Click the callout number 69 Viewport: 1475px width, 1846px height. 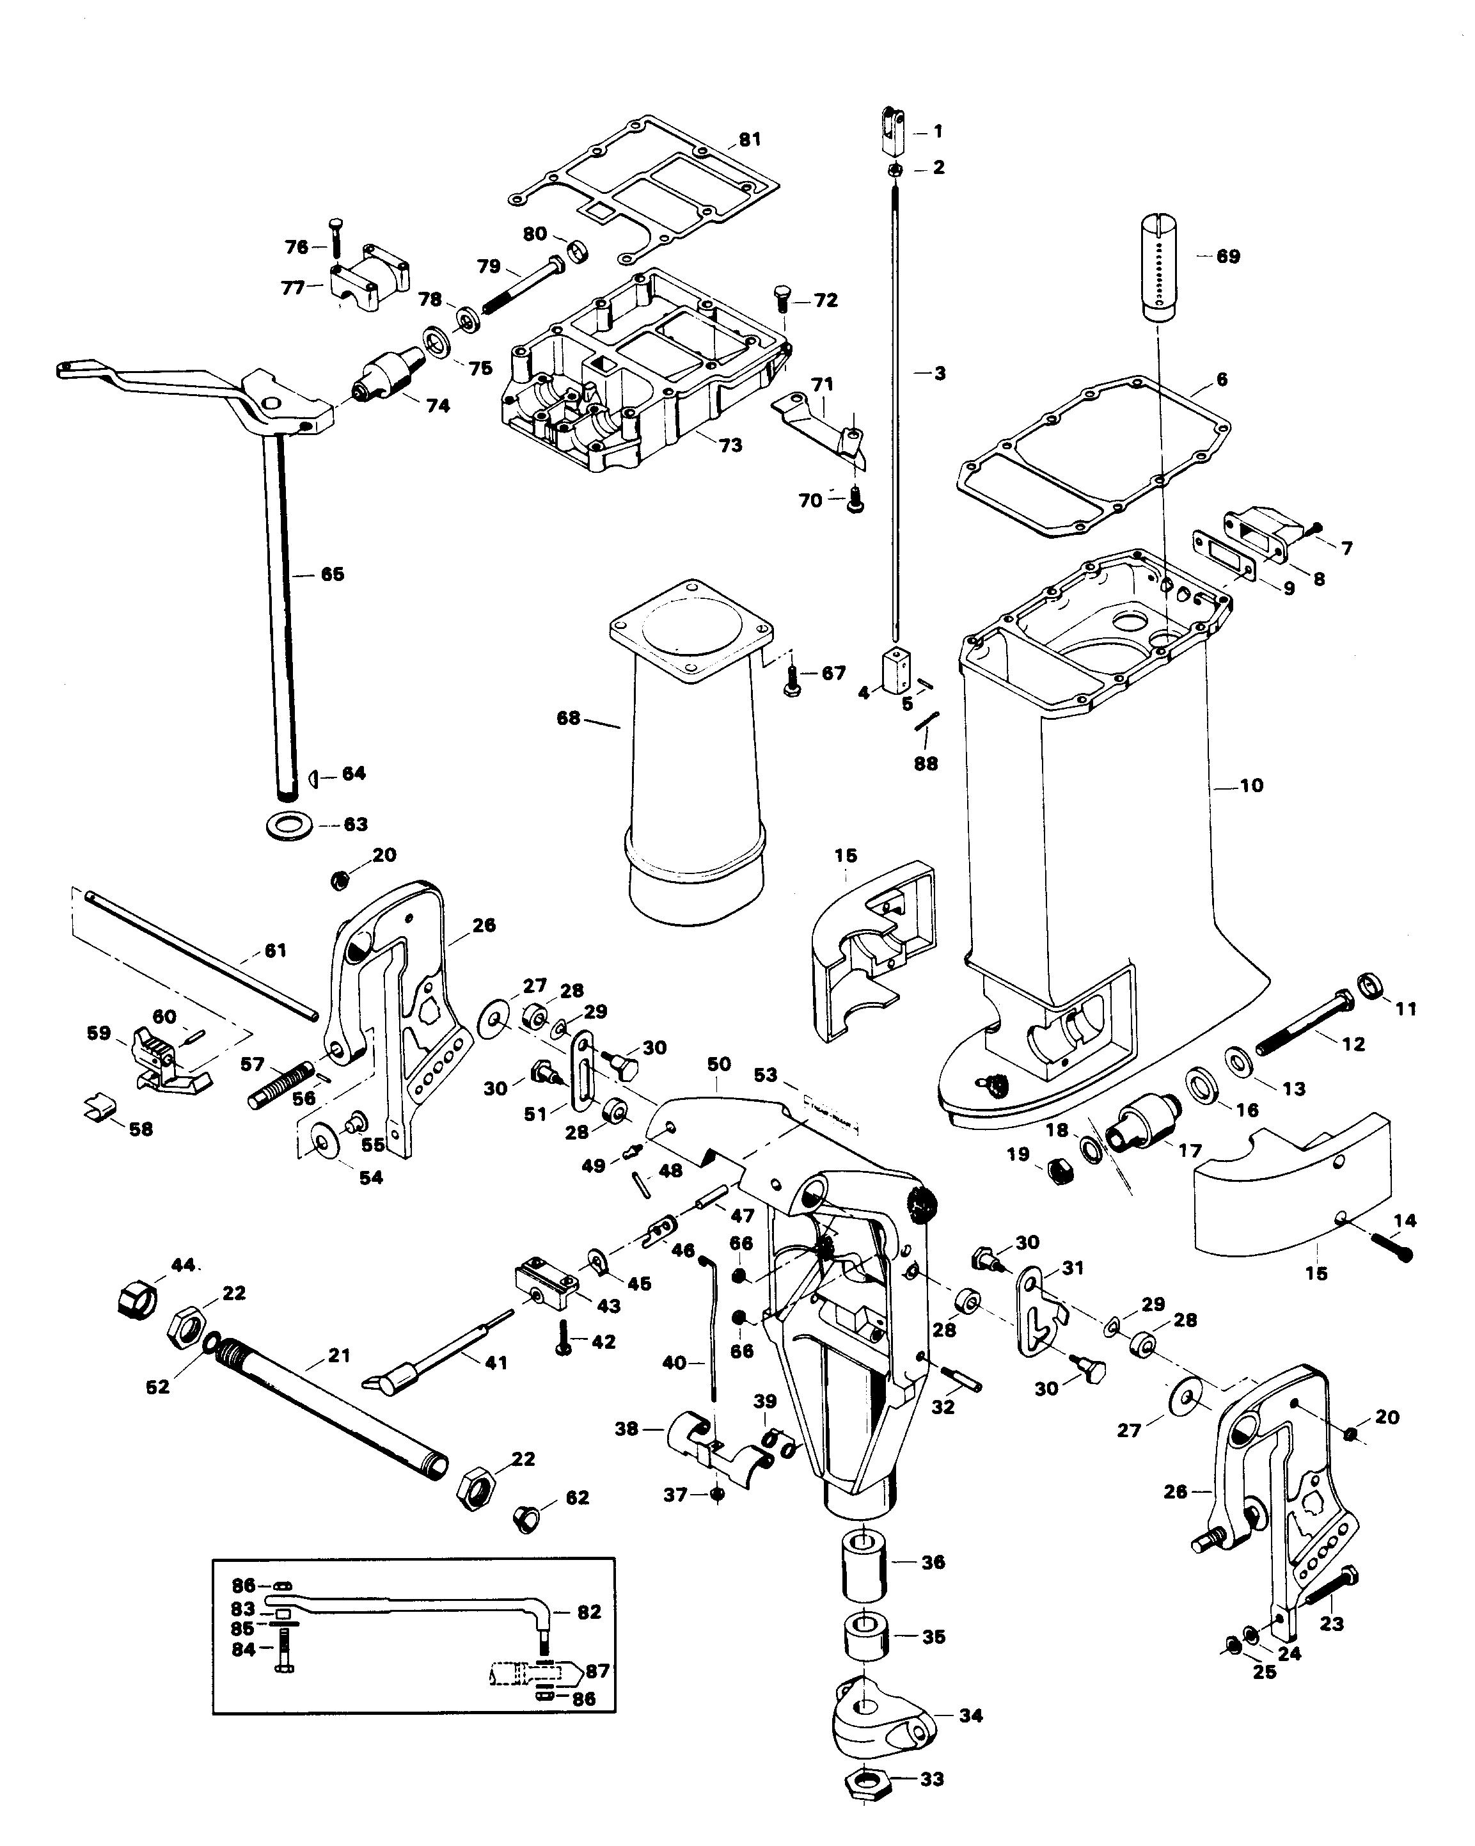pos(1227,256)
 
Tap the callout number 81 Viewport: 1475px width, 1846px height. pos(750,139)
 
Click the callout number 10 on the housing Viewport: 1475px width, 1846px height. pos(1250,785)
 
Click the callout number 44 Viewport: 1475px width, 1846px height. pos(182,1264)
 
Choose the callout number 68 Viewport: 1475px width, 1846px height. pos(569,719)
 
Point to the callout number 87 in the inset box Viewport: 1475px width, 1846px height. pos(597,1671)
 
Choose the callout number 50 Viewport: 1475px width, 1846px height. pos(719,1064)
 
